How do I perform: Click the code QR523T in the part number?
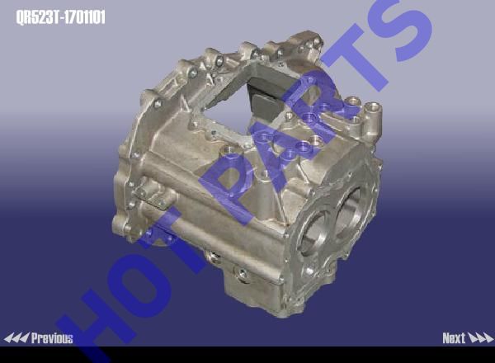point(38,17)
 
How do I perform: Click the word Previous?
point(52,338)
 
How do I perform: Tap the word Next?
point(454,338)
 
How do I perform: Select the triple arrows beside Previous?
point(16,338)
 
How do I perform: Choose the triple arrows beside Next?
point(480,338)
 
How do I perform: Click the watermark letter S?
point(408,30)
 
